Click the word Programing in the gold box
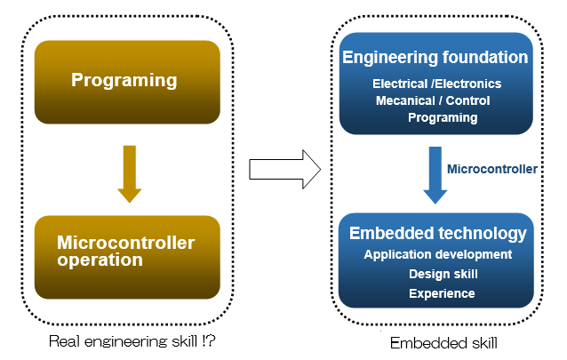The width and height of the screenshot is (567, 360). point(124,80)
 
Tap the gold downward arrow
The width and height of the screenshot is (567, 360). point(130,173)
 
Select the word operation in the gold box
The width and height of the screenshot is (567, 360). point(100,260)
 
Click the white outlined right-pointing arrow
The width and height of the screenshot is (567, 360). point(285,169)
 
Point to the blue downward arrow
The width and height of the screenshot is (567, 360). point(435,175)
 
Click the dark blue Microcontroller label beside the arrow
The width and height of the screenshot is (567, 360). point(492,169)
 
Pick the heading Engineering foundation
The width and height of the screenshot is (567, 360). point(435,57)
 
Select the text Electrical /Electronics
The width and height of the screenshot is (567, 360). point(437,84)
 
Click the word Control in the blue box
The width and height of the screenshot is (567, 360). point(467,100)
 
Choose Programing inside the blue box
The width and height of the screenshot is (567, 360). point(443,118)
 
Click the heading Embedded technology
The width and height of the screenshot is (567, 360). point(437,234)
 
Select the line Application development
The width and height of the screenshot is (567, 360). point(438,255)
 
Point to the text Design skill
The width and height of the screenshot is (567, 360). point(443,274)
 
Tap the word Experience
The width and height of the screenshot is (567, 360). point(442,293)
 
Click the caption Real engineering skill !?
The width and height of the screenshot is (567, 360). point(132,341)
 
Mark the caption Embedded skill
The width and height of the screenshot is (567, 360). point(443,343)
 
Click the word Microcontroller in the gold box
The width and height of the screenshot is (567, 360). point(126,243)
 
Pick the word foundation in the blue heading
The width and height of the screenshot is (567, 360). point(485,57)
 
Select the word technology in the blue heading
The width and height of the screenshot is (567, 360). point(483,234)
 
